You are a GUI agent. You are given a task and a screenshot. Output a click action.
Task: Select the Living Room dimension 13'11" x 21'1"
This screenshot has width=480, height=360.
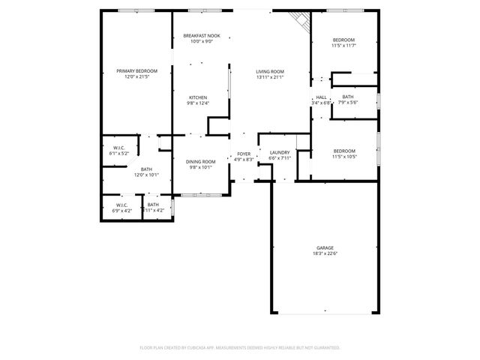click(270, 76)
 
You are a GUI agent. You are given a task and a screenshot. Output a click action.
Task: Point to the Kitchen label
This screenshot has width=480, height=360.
click(198, 97)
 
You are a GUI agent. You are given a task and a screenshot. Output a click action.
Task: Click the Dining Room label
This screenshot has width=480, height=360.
click(200, 161)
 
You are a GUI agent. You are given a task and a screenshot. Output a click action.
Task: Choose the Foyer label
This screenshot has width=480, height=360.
click(244, 154)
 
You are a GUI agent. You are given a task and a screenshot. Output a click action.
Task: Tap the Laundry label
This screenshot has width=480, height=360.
click(279, 152)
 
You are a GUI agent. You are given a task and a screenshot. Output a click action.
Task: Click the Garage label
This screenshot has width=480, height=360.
click(325, 247)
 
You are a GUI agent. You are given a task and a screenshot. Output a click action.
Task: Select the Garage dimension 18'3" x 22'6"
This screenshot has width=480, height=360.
click(325, 253)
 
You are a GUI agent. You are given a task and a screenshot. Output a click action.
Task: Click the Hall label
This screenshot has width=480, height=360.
click(321, 97)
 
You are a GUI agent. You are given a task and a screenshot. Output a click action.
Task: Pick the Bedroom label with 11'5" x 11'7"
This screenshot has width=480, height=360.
click(343, 40)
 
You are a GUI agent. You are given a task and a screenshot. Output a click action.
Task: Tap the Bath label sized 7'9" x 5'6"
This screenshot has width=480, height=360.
click(348, 97)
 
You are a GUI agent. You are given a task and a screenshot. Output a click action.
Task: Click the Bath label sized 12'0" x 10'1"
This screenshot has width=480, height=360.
click(145, 169)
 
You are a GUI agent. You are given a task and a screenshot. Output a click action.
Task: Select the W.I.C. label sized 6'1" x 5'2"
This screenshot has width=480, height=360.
click(118, 148)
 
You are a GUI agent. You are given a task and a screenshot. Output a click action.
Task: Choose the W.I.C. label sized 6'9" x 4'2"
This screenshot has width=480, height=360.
click(121, 205)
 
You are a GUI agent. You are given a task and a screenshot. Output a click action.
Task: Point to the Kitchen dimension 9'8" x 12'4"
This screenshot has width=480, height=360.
click(198, 103)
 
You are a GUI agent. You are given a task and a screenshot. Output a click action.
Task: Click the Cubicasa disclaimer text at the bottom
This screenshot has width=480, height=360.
click(240, 348)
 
